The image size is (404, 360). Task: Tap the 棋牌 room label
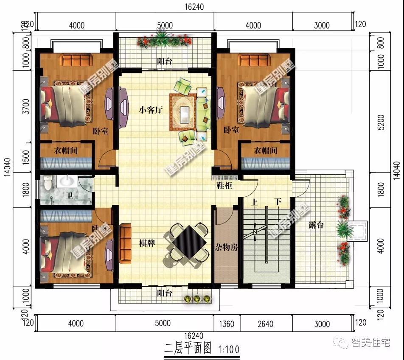tap(146, 243)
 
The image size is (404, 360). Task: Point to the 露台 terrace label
tap(316, 225)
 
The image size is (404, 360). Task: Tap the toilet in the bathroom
tap(48, 183)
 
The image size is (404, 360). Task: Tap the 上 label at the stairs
tap(255, 202)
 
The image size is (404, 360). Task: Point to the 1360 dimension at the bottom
tap(227, 324)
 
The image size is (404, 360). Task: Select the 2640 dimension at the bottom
tap(265, 324)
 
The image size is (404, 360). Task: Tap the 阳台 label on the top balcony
tap(165, 61)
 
